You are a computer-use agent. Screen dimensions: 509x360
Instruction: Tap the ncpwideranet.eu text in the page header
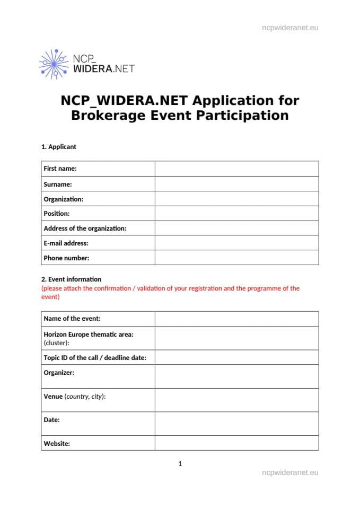(290, 28)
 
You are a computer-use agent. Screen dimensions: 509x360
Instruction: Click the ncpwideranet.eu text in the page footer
(290, 472)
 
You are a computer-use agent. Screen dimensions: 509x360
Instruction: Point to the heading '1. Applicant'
(59, 147)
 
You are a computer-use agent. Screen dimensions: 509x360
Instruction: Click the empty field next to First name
(236, 169)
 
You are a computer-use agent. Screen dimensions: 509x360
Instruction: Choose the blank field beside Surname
(236, 184)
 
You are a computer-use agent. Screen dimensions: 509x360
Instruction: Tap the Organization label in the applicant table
(63, 199)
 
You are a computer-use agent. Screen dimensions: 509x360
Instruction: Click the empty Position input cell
(236, 214)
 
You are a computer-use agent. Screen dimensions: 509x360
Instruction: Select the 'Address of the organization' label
(85, 229)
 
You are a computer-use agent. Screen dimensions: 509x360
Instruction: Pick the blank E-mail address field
(236, 243)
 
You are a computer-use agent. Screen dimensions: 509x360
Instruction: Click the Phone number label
(66, 258)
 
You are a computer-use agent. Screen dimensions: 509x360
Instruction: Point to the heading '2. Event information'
(71, 279)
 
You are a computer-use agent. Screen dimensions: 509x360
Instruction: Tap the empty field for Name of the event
(236, 319)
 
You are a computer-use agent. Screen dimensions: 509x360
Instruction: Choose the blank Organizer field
(236, 376)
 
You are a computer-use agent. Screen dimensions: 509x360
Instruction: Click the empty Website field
(236, 443)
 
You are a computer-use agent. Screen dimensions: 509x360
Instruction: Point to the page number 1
(180, 464)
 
